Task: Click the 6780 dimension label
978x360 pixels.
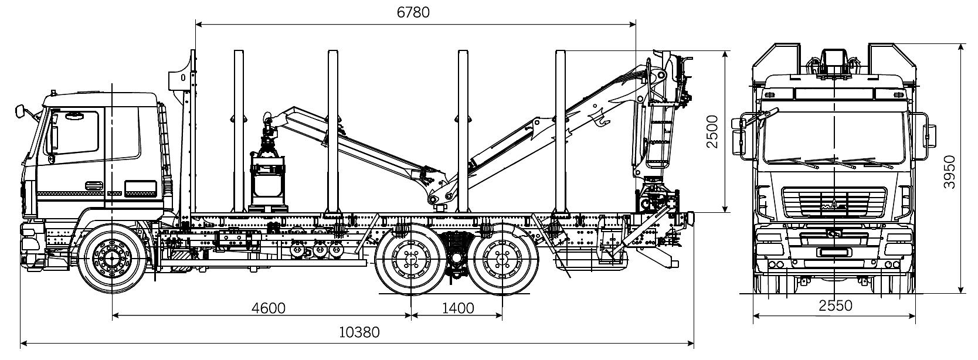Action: [413, 12]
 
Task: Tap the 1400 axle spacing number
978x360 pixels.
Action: [458, 308]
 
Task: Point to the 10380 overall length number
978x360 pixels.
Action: [359, 332]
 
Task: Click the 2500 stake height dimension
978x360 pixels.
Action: [712, 131]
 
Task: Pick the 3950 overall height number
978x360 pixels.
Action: [950, 171]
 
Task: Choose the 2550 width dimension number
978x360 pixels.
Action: [836, 305]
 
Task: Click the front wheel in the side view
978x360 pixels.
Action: [112, 256]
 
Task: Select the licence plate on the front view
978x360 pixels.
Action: [835, 252]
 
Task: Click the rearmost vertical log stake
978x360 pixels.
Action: [560, 132]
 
